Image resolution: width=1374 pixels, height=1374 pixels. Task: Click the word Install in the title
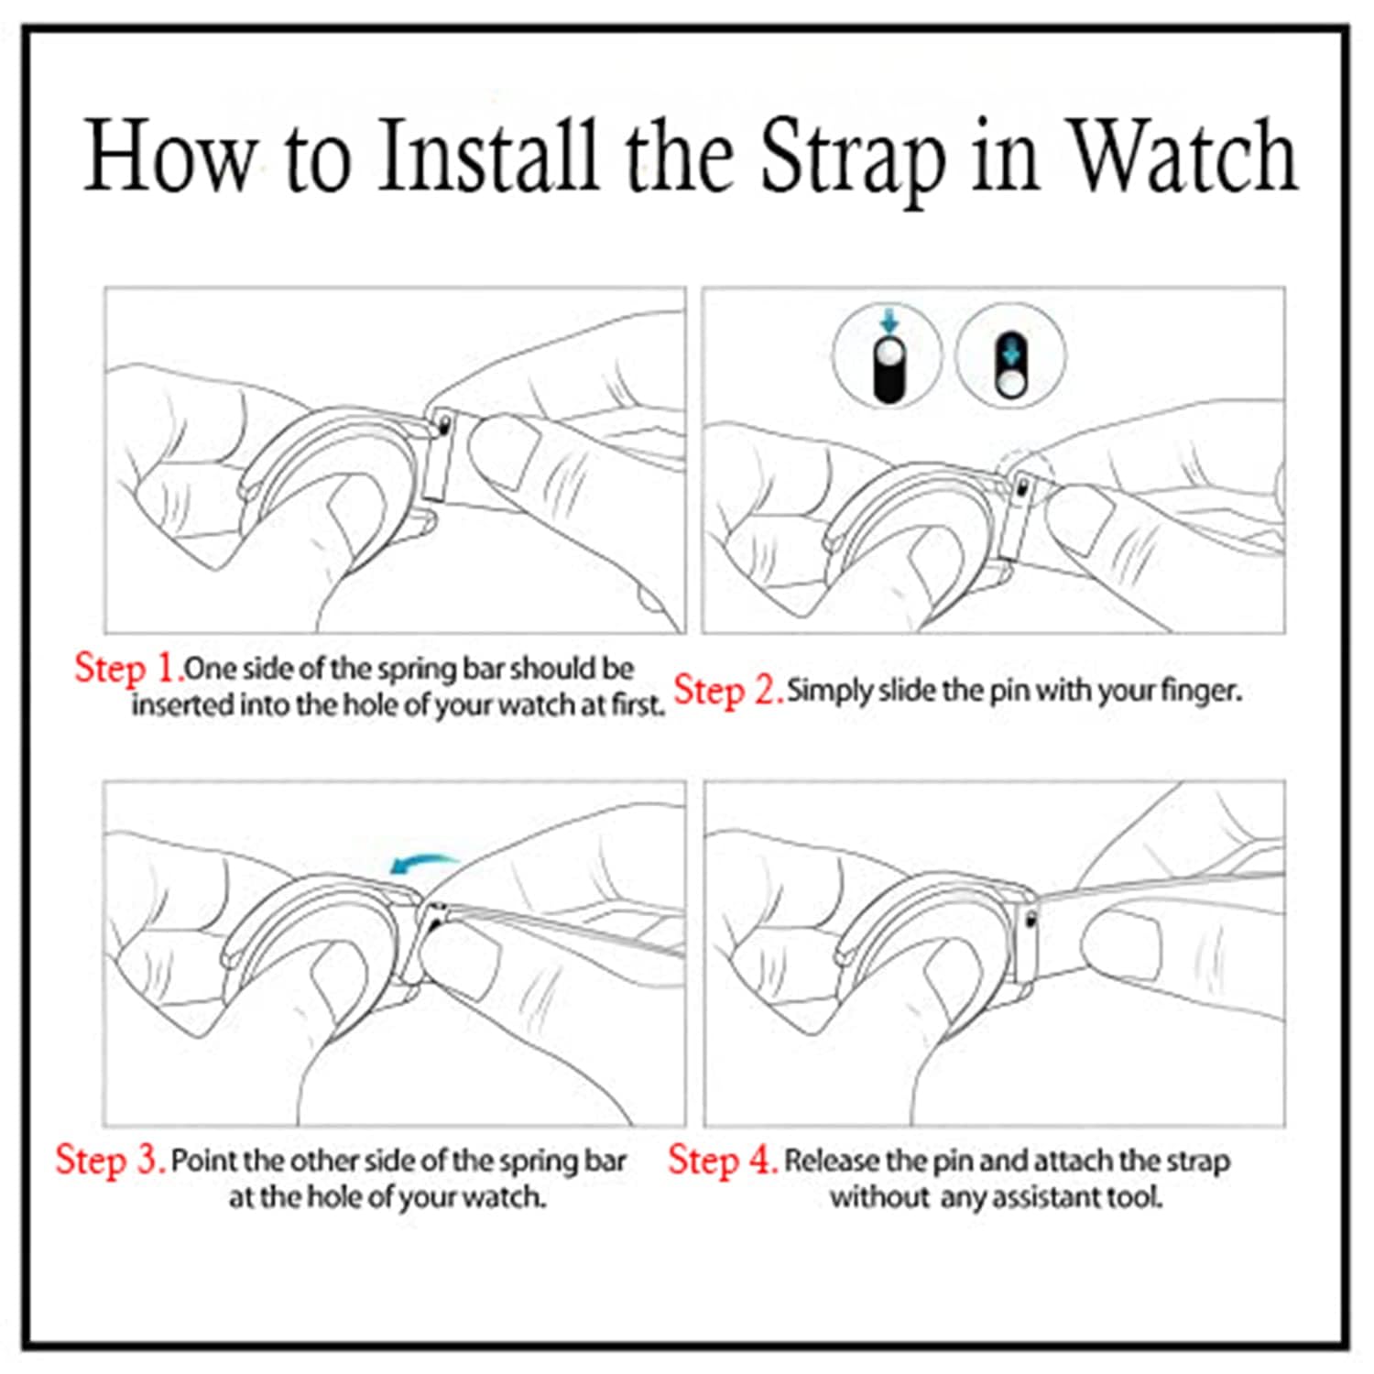[x=488, y=156]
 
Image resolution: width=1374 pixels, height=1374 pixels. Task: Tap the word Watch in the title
[x=1184, y=156]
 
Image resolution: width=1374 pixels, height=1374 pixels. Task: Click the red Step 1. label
[x=129, y=669]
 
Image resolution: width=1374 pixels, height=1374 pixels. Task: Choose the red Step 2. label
[x=728, y=691]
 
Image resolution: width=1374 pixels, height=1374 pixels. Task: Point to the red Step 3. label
[x=110, y=1161]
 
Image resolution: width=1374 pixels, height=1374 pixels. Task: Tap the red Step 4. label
[x=723, y=1161]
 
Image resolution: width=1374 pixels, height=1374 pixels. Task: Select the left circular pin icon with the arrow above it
[x=888, y=356]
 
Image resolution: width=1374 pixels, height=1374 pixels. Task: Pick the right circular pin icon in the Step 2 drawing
[x=1010, y=356]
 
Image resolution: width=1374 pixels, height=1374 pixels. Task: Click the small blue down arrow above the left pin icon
[x=888, y=322]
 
